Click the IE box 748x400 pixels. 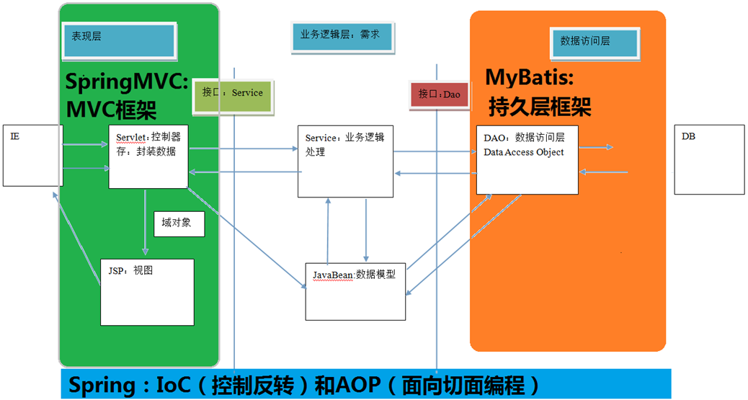point(33,156)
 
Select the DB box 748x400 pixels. point(709,159)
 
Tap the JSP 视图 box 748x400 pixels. point(147,292)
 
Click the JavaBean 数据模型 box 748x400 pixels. point(355,292)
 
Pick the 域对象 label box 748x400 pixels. point(179,224)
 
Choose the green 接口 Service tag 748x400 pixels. point(233,97)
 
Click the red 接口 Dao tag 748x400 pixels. point(439,95)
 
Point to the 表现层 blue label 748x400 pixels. point(119,41)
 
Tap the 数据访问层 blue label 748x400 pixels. point(595,43)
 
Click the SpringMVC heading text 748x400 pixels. point(126,81)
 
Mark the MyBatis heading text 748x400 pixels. point(530,77)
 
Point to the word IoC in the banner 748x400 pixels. point(174,385)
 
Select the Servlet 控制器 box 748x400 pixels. point(148,156)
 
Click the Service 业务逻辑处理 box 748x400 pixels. point(345,161)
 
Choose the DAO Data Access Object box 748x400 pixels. point(527,160)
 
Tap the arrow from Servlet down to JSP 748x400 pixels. point(145,222)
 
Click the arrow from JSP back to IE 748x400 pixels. point(76,239)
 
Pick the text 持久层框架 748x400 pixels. point(540,107)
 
